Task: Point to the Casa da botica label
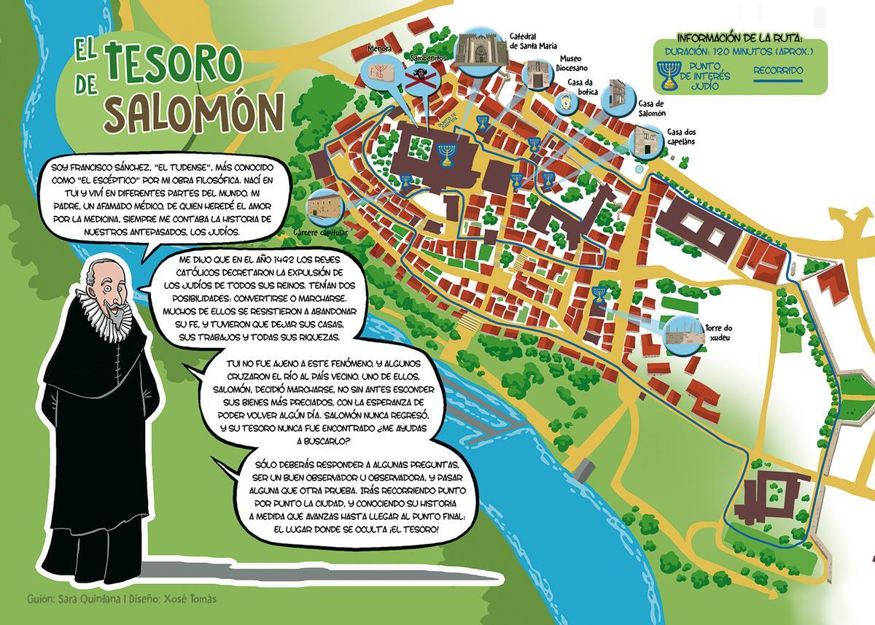coord(585,88)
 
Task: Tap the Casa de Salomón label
coord(651,108)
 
